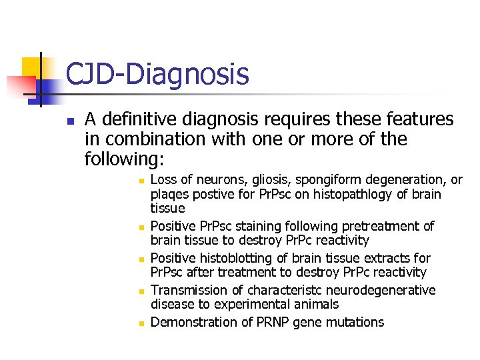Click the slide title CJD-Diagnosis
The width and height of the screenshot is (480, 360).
click(157, 74)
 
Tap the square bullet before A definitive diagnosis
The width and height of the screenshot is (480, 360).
click(69, 121)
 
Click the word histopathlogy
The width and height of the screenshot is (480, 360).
click(347, 195)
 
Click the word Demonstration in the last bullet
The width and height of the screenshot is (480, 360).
click(192, 323)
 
